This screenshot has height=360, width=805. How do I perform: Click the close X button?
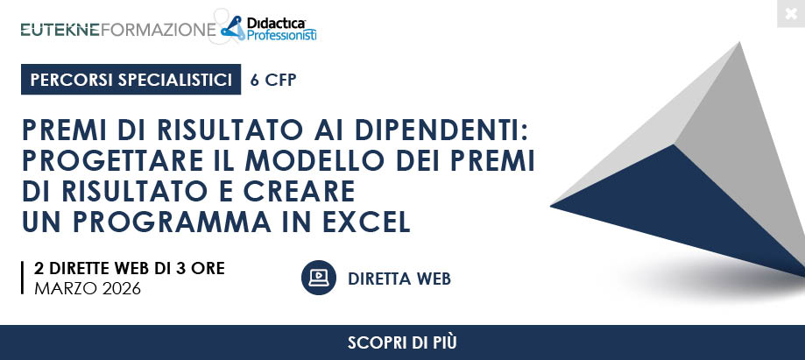(791, 13)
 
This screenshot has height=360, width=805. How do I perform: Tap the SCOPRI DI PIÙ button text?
(402, 342)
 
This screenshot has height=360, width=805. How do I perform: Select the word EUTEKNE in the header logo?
(60, 30)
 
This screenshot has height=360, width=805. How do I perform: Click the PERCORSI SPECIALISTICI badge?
(131, 80)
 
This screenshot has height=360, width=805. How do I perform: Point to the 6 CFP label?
(273, 80)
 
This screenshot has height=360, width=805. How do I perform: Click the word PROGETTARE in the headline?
(113, 161)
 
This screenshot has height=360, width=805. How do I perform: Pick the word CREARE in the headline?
(300, 191)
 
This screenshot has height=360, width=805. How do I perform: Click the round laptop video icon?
(318, 278)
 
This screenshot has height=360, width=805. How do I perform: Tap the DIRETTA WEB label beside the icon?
(399, 279)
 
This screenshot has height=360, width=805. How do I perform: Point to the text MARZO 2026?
(88, 289)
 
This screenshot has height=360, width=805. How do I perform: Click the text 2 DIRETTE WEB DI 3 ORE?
(130, 269)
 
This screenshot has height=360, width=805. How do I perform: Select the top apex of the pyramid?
(740, 43)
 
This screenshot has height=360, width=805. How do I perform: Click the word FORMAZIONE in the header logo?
(159, 30)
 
